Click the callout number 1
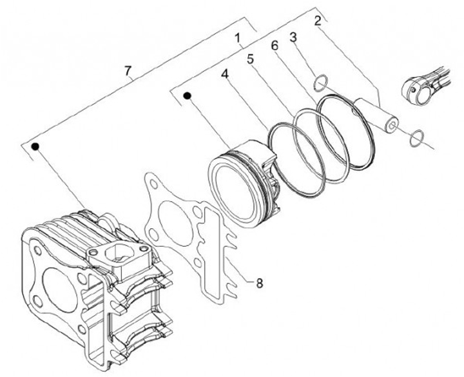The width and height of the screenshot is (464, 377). point(238,39)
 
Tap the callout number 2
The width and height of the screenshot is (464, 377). point(318,20)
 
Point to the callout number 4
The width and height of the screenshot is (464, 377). point(225,75)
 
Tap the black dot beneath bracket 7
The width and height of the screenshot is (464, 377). point(37,147)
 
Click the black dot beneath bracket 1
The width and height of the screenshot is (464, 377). point(187,96)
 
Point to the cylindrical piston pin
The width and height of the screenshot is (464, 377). point(378,113)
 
